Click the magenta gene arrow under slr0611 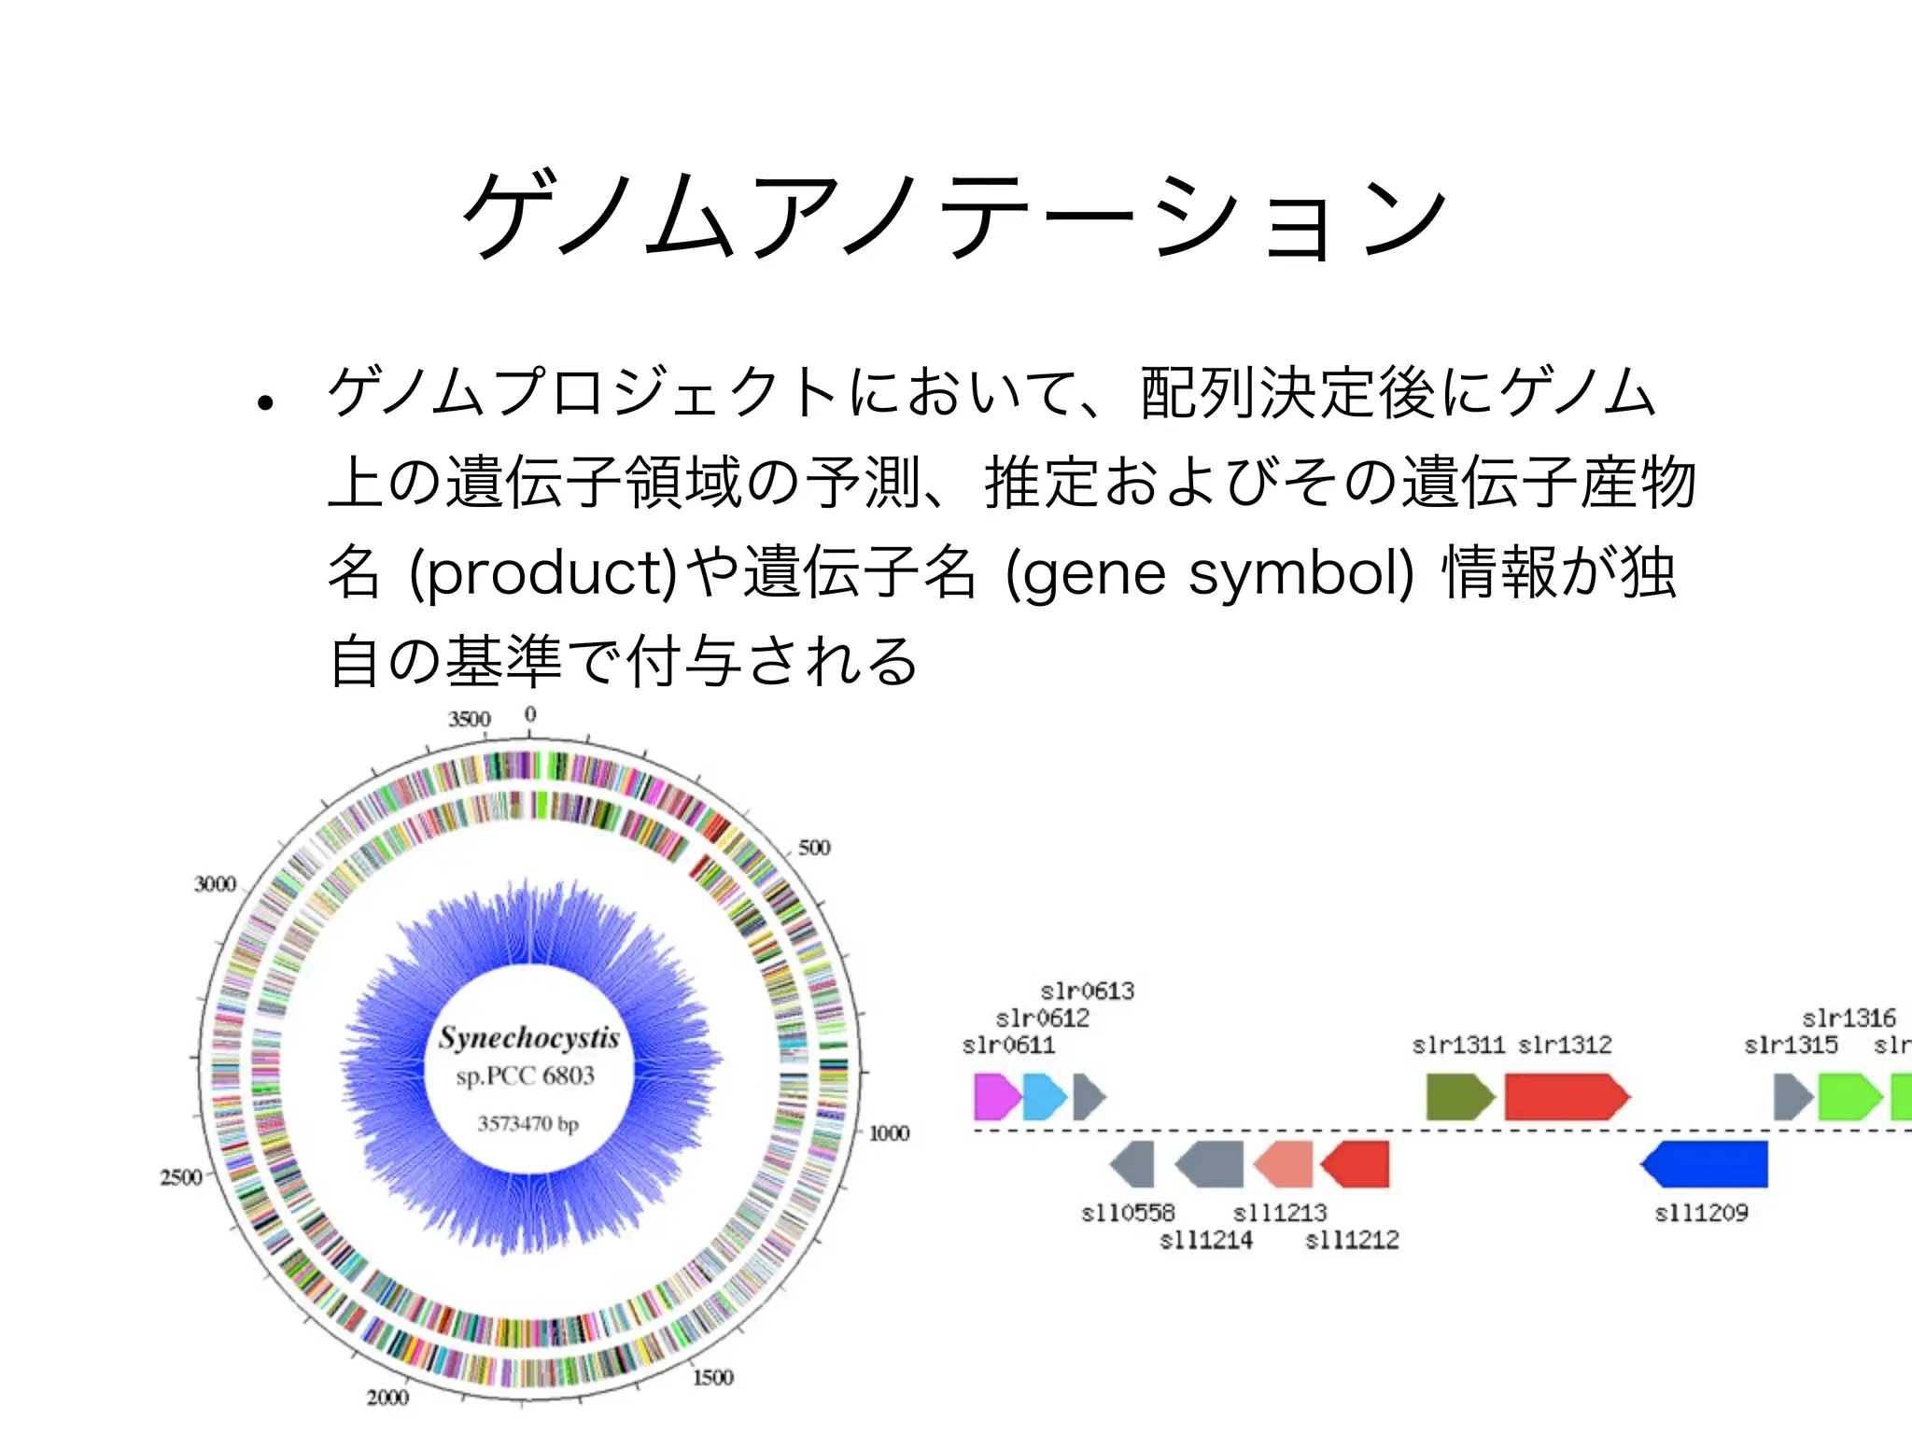click(996, 1096)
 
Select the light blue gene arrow click(1044, 1096)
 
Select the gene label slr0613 click(1087, 991)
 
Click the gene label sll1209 click(1701, 1213)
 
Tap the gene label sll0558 click(1128, 1213)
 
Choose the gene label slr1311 click(1458, 1045)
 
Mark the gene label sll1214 click(1205, 1240)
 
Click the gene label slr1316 click(1849, 1018)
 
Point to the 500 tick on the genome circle click(813, 848)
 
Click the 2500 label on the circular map click(181, 1176)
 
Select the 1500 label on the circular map click(712, 1377)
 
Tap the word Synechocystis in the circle click(529, 1038)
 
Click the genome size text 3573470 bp click(528, 1123)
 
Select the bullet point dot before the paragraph click(266, 403)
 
